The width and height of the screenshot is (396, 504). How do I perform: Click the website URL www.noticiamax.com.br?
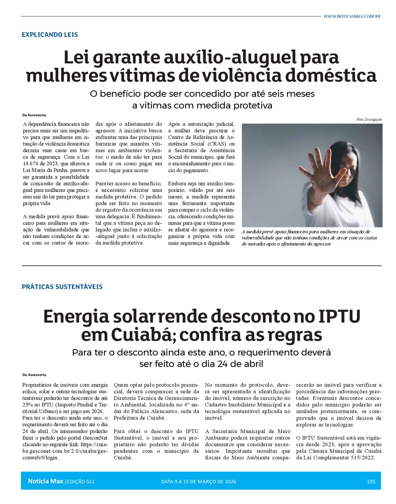(x=352, y=16)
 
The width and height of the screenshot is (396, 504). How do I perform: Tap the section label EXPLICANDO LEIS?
(x=50, y=35)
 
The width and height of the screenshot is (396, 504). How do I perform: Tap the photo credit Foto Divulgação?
(x=369, y=120)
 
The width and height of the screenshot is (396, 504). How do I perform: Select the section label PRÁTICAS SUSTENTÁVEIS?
(x=62, y=287)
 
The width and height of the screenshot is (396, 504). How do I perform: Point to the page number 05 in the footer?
(x=372, y=482)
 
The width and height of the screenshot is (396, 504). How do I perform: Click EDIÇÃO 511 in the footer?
(x=81, y=482)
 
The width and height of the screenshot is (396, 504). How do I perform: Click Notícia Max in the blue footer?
(x=45, y=481)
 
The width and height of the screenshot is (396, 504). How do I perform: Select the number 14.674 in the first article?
(x=31, y=164)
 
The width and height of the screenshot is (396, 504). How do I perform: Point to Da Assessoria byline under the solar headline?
(x=34, y=375)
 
